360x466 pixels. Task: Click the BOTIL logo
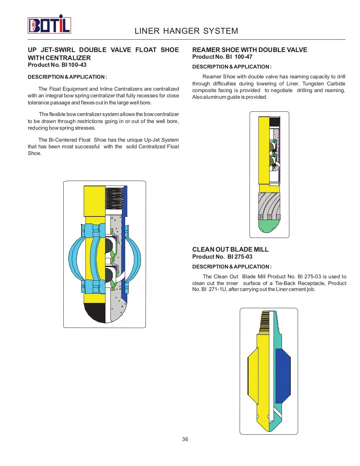[49, 25]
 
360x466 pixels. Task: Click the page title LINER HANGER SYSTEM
[186, 31]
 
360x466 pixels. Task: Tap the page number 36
[185, 439]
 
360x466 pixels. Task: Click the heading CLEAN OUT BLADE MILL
[230, 250]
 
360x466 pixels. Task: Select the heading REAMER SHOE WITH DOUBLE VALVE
[250, 50]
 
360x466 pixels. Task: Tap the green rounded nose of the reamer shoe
[269, 226]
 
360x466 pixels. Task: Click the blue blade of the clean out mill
[283, 376]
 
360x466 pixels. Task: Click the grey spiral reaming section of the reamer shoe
[269, 204]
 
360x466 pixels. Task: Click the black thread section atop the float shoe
[114, 200]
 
